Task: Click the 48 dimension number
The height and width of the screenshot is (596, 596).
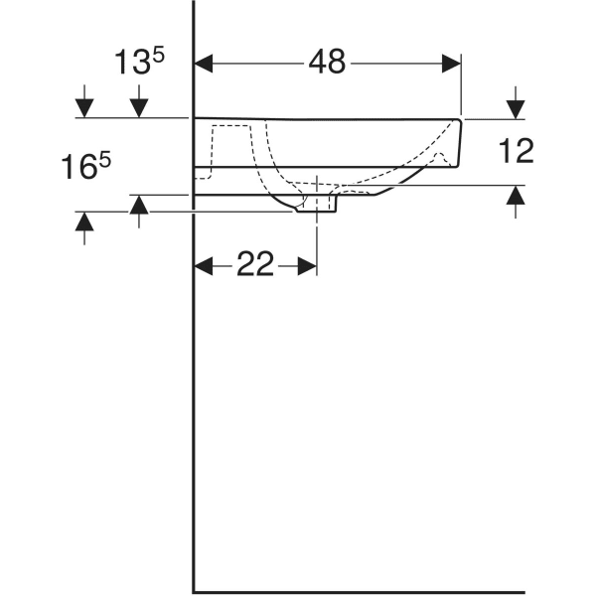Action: tap(327, 62)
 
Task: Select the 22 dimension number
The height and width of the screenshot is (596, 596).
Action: tap(254, 265)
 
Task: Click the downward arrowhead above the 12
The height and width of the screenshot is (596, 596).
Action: tap(515, 106)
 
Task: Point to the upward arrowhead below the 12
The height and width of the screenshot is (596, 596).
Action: tap(515, 198)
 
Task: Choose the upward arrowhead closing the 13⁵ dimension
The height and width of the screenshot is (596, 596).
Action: tap(139, 206)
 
